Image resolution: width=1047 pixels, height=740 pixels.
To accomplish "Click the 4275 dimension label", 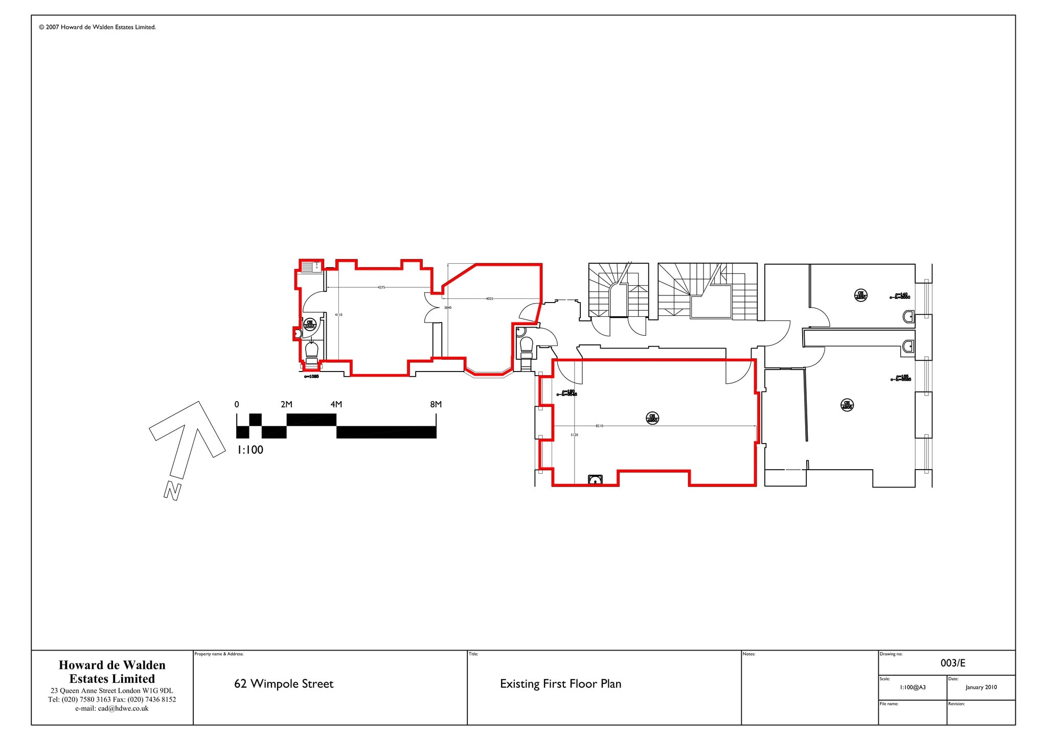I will click(x=381, y=288).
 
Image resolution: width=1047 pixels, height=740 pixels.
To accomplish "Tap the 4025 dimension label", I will click(x=489, y=298).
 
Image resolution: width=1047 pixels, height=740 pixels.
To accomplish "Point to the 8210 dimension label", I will click(x=599, y=426).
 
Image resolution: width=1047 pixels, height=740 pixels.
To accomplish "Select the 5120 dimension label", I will click(x=574, y=435).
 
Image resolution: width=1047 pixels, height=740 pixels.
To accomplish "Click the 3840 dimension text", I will click(x=447, y=308).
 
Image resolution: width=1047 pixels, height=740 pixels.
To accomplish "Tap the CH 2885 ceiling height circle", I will click(x=310, y=324).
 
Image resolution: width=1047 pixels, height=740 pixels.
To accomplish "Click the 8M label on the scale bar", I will click(x=436, y=404).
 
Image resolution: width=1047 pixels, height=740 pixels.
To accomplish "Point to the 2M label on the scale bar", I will click(x=286, y=404).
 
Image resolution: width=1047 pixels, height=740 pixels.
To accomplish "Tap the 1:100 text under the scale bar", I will click(x=250, y=450).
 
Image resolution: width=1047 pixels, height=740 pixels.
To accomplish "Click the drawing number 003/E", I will click(x=952, y=663).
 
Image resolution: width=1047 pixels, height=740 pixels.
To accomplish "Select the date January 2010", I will click(x=981, y=687).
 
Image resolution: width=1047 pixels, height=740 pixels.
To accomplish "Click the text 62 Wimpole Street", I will click(x=284, y=684).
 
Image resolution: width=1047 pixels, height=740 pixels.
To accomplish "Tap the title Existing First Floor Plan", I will click(x=560, y=684).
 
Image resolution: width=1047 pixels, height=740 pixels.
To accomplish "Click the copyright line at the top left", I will click(x=97, y=28).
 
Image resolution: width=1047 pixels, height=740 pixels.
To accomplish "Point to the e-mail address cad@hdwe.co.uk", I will click(x=111, y=709).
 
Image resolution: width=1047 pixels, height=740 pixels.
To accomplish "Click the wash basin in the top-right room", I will click(x=909, y=317).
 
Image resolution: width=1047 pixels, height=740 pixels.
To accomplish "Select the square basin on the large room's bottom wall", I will click(x=595, y=480).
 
